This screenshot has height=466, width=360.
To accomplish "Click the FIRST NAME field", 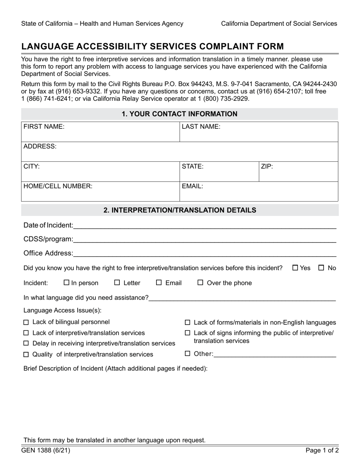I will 100,132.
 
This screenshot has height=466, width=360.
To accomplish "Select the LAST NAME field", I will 258,132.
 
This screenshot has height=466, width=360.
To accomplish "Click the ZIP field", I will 298,172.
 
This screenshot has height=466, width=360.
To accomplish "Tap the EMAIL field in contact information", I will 258,191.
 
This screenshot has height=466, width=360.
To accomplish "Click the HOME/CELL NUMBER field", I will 100,191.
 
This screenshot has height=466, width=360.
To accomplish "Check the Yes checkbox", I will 296,268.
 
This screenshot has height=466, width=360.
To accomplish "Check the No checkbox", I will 321,268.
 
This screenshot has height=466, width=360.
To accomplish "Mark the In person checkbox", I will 67,283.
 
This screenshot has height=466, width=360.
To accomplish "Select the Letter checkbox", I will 117,283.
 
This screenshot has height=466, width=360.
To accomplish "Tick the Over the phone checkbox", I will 200,283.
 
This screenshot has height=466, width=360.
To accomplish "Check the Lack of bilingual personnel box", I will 26,322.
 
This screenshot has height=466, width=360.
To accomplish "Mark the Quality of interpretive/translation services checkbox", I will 26,355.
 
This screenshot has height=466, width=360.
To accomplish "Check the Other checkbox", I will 187,354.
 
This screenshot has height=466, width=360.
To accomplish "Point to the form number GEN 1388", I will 45,451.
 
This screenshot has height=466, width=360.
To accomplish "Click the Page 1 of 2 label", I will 322,451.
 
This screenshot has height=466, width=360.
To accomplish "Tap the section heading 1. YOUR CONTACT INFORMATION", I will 180,114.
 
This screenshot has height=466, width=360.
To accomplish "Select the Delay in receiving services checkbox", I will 26,344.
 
